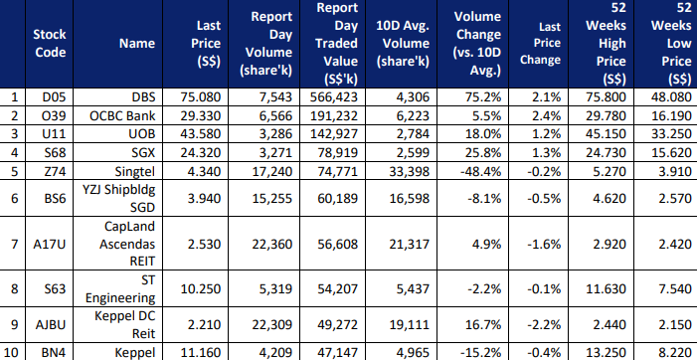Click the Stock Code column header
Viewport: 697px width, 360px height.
click(x=50, y=44)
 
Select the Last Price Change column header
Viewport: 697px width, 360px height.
click(x=541, y=44)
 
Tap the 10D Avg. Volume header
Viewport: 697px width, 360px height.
click(x=403, y=44)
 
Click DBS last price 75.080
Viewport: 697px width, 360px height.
click(x=200, y=97)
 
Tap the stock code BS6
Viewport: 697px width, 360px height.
click(x=55, y=198)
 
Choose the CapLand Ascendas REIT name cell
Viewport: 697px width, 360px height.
click(x=127, y=244)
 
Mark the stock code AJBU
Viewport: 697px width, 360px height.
click(x=51, y=325)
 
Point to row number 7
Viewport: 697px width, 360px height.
click(x=14, y=244)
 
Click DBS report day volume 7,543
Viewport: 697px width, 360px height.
click(x=277, y=97)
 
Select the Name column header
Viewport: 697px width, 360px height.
click(x=137, y=44)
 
